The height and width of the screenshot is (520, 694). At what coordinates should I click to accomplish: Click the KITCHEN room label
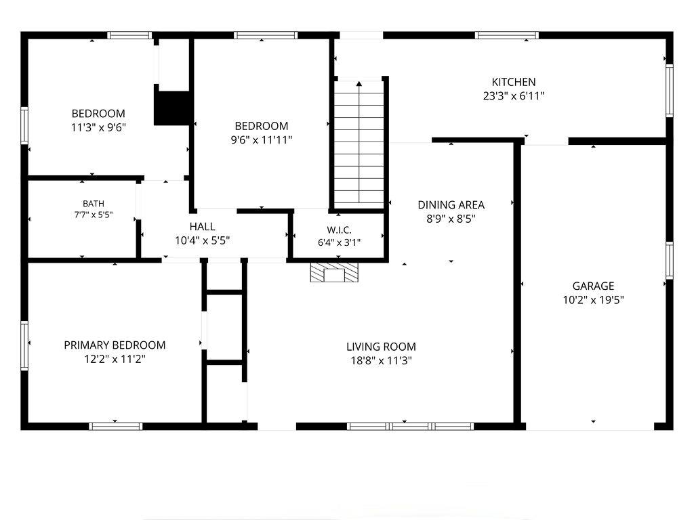[x=514, y=82]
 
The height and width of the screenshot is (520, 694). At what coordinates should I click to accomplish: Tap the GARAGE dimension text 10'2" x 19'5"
[x=593, y=300]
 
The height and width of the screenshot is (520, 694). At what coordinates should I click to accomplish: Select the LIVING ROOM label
[x=381, y=347]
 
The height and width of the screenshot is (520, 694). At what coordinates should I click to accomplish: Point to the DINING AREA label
[x=451, y=204]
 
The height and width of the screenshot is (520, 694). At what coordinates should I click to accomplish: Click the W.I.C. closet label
[x=339, y=230]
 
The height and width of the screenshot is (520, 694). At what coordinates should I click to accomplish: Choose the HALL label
[x=202, y=227]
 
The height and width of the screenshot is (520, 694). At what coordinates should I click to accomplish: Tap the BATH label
[x=94, y=204]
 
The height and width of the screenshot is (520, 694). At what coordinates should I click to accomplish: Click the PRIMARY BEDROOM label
[x=115, y=345]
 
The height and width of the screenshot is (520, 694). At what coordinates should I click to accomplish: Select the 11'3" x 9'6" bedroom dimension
[x=99, y=128]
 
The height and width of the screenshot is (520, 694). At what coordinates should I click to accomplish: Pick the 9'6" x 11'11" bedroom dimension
[x=262, y=140]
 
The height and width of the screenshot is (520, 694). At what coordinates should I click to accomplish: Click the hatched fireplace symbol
[x=333, y=273]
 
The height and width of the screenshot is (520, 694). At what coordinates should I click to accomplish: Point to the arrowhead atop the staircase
[x=359, y=83]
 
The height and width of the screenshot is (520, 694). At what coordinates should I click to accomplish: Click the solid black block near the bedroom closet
[x=171, y=108]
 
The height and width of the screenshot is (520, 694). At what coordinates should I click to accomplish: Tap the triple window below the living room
[x=410, y=427]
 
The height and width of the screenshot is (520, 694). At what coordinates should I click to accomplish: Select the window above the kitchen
[x=507, y=35]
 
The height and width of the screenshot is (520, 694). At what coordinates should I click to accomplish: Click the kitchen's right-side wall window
[x=670, y=91]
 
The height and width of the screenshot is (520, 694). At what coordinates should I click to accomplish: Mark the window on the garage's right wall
[x=670, y=261]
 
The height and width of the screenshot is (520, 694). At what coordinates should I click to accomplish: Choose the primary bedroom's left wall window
[x=24, y=346]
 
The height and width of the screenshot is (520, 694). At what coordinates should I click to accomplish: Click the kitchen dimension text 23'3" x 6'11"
[x=514, y=96]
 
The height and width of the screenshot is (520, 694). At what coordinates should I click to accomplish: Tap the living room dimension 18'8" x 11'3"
[x=381, y=361]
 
